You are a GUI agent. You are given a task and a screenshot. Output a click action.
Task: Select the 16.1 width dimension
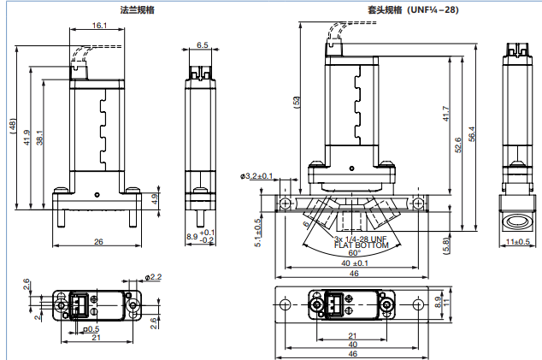98,27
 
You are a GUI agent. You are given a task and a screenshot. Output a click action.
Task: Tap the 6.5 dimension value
202,44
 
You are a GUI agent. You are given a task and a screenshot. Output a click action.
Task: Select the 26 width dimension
98,243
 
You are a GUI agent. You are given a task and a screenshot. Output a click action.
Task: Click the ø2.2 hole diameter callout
154,277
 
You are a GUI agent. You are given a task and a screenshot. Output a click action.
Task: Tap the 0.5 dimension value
91,328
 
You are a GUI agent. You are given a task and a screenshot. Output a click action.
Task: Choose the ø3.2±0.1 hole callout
257,176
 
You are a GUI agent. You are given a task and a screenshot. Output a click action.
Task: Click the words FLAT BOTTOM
362,245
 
